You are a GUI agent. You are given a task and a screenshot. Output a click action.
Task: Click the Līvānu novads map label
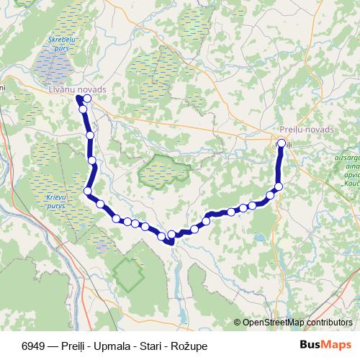[x=77, y=89]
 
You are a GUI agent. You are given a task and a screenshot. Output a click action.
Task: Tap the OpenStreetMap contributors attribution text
[x=297, y=323]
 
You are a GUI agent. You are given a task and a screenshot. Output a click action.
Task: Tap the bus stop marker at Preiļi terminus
[x=281, y=143]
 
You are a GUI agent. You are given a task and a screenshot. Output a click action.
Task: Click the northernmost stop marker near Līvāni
[x=87, y=99]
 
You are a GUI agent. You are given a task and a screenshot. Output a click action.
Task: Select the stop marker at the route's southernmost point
[x=171, y=235]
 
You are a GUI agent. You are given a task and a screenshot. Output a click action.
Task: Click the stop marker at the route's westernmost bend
[x=88, y=191]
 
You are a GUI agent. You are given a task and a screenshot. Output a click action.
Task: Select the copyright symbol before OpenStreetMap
[x=238, y=323]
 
